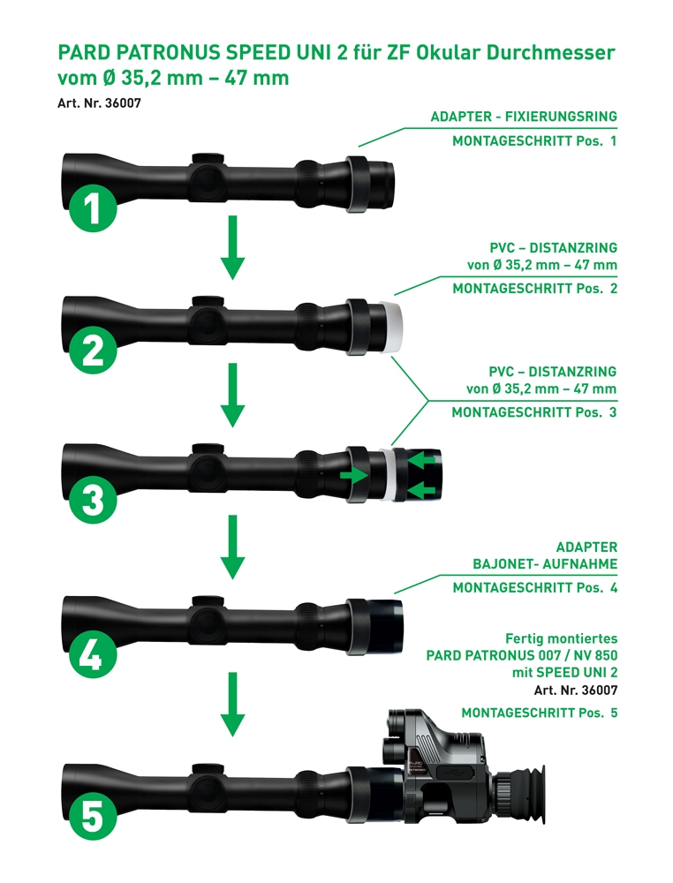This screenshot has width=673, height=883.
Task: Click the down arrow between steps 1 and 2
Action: point(231,250)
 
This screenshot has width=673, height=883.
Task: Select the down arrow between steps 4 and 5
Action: point(231,705)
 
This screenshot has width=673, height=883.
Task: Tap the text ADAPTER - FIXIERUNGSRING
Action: point(524,117)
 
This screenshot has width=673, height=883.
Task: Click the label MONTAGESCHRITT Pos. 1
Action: point(534,141)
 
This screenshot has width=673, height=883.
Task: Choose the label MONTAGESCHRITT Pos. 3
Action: point(534,412)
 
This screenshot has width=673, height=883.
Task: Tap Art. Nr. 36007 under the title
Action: point(100,102)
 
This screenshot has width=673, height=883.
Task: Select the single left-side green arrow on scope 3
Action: point(352,475)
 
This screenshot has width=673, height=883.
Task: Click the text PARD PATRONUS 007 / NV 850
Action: point(521,656)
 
